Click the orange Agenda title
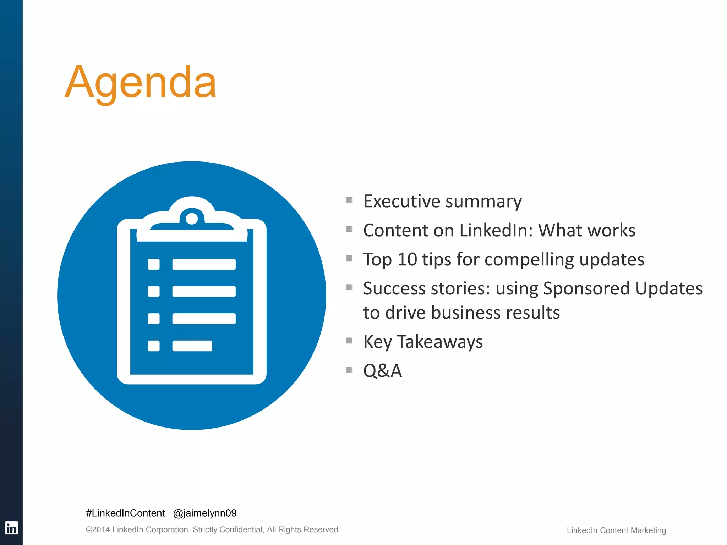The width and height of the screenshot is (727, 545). point(141,82)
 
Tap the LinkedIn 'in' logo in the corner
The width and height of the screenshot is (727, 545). point(11,528)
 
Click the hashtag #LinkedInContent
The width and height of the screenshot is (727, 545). point(125,513)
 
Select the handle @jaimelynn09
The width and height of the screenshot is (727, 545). point(205,513)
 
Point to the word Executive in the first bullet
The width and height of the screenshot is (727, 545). point(401,202)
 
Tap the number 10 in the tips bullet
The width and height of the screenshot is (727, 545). point(407,259)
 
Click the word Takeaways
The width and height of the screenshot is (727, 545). point(439,342)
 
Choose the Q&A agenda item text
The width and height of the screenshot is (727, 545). point(382,371)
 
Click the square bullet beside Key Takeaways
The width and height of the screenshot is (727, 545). point(349,341)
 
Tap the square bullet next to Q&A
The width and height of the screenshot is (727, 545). point(349,370)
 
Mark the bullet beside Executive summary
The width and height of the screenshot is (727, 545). point(349,200)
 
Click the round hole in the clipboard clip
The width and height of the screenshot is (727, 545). point(192,219)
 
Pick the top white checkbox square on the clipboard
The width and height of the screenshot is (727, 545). point(154,264)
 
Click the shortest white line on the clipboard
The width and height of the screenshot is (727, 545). point(192,346)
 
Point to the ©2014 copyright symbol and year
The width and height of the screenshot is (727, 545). point(98,530)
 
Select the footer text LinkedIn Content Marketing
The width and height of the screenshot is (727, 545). point(616,530)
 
